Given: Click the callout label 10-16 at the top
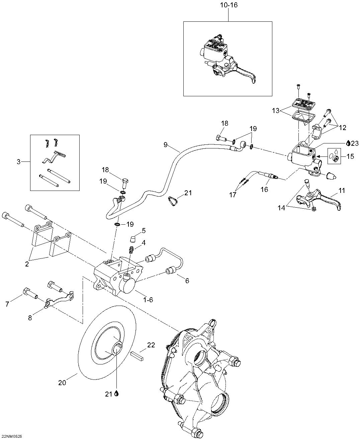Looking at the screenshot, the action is pyautogui.click(x=229, y=5).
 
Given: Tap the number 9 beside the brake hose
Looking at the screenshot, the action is pyautogui.click(x=166, y=145).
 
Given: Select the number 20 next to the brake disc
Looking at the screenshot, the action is pyautogui.click(x=62, y=382).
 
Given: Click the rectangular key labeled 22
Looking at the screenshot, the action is pyautogui.click(x=137, y=356).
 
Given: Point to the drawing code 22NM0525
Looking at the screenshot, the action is pyautogui.click(x=12, y=436).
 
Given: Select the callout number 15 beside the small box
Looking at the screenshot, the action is pyautogui.click(x=350, y=156).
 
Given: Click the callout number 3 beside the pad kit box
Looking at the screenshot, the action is pyautogui.click(x=19, y=162).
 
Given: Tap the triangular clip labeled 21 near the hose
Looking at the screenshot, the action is pyautogui.click(x=173, y=201).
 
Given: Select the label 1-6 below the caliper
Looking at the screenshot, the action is pyautogui.click(x=148, y=300).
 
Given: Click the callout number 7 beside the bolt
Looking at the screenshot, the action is pyautogui.click(x=7, y=304).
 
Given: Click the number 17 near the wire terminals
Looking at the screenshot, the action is pyautogui.click(x=233, y=195).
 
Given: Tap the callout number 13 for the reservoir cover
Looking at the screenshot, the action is pyautogui.click(x=276, y=111).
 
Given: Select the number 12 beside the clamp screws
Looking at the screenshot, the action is pyautogui.click(x=343, y=127).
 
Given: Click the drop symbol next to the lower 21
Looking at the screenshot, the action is pyautogui.click(x=117, y=394).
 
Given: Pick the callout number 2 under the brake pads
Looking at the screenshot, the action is pyautogui.click(x=27, y=264).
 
